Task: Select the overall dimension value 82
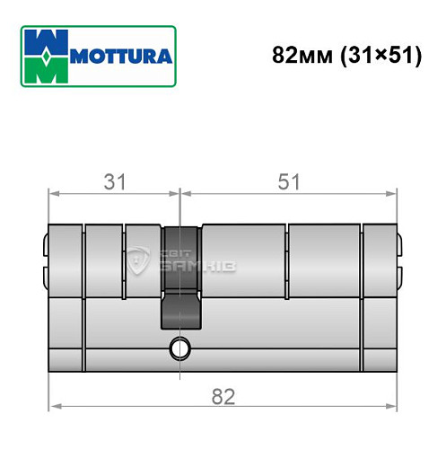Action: pos(222,396)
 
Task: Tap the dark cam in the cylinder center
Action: pos(179,278)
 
